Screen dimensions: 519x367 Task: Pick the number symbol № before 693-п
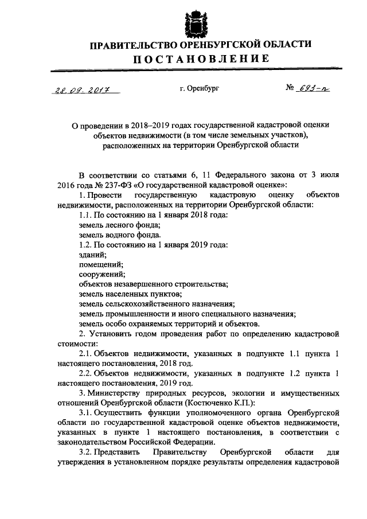pyautogui.click(x=290, y=89)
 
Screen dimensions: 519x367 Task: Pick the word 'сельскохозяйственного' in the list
pyautogui.click(x=149, y=304)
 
